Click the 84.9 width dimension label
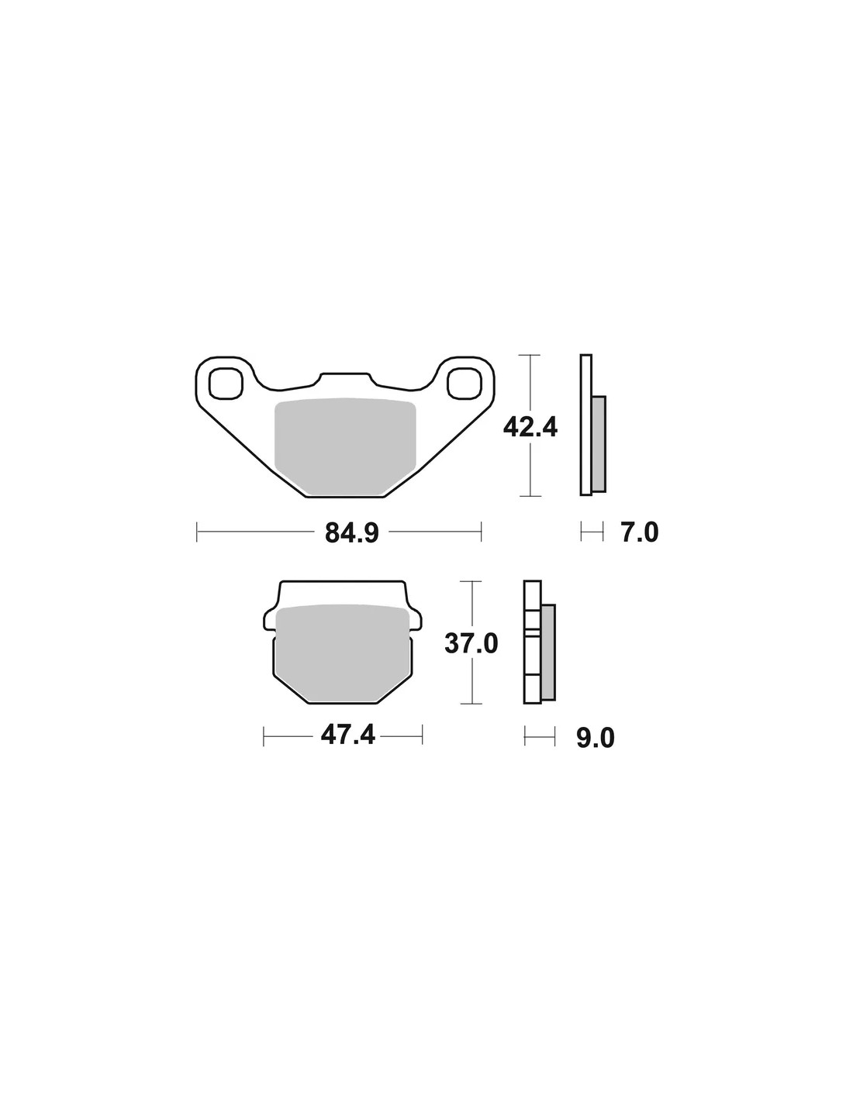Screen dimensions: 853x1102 pyautogui.click(x=351, y=533)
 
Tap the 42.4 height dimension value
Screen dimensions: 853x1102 pyautogui.click(x=530, y=428)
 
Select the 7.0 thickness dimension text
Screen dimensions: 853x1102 pyautogui.click(x=640, y=533)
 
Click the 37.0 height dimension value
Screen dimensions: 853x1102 pyautogui.click(x=471, y=645)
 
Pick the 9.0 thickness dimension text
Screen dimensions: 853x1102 pyautogui.click(x=596, y=739)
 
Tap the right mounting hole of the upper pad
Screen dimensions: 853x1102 pyautogui.click(x=464, y=383)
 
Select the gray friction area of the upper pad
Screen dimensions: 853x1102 pyautogui.click(x=344, y=446)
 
